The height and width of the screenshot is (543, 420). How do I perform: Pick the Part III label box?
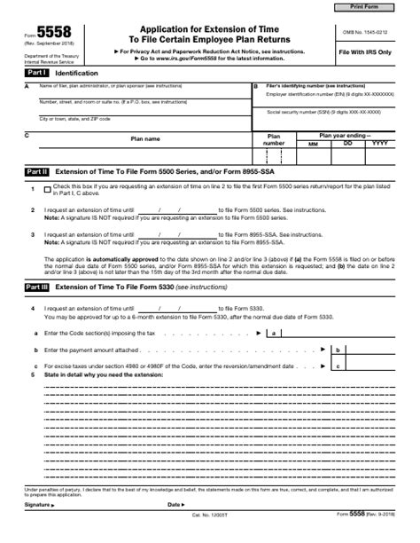[x=36, y=287]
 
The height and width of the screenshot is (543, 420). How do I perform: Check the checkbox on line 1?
[x=47, y=189]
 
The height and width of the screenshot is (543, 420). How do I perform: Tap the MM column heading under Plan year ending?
[x=312, y=143]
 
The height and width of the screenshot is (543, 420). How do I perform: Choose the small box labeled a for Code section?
[x=276, y=333]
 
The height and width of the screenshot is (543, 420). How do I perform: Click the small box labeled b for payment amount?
[x=338, y=350]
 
